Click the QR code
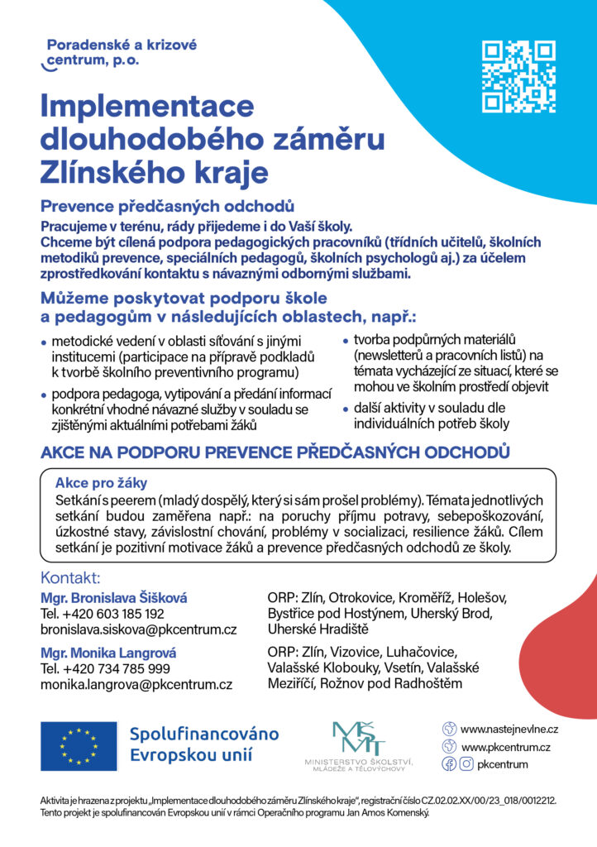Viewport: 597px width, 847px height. coord(518,76)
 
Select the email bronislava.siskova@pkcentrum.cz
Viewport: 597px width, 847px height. coord(139,630)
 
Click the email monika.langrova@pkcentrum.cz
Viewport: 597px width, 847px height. coord(136,684)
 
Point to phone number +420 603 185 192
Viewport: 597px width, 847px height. coord(103,614)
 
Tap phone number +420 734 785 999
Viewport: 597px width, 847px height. coord(105,668)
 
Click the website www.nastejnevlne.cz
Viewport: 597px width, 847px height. coord(509,730)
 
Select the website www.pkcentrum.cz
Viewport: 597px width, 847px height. coord(505,747)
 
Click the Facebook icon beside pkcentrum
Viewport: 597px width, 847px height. coord(449,764)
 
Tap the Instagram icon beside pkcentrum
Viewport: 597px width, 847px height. coord(466,764)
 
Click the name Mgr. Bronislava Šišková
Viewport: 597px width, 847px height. coord(114,597)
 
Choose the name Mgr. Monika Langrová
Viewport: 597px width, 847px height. coord(108,652)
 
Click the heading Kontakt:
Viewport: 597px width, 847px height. coord(70,578)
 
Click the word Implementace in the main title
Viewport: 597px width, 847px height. coord(147,106)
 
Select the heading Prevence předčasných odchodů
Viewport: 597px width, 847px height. coord(168,206)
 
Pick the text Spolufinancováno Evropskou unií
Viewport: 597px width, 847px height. coord(204,744)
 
